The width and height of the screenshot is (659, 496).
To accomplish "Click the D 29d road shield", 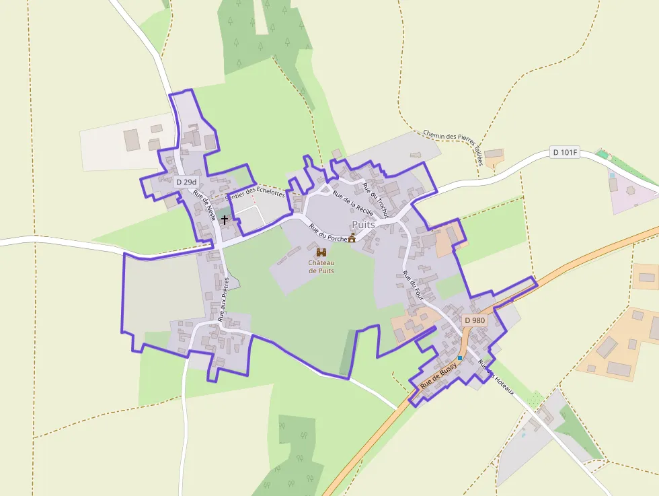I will [x=186, y=182].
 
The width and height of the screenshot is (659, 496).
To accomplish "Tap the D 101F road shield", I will [x=565, y=152].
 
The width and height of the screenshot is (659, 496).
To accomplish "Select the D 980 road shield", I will [x=473, y=320].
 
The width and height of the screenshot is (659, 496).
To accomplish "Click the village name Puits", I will [x=364, y=224].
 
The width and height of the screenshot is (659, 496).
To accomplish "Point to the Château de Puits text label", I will [x=321, y=267].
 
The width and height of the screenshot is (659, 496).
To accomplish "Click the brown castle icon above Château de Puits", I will [x=321, y=252].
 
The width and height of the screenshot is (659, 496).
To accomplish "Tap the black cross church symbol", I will [x=225, y=220].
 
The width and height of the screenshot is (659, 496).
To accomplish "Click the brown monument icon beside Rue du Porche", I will [x=352, y=238].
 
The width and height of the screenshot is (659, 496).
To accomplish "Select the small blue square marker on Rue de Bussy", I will [x=460, y=357].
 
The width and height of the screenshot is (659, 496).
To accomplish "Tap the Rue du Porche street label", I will [x=327, y=233].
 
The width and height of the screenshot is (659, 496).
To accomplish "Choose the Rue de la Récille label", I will [x=352, y=201].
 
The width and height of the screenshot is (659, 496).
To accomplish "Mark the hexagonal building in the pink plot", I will [x=631, y=190].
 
